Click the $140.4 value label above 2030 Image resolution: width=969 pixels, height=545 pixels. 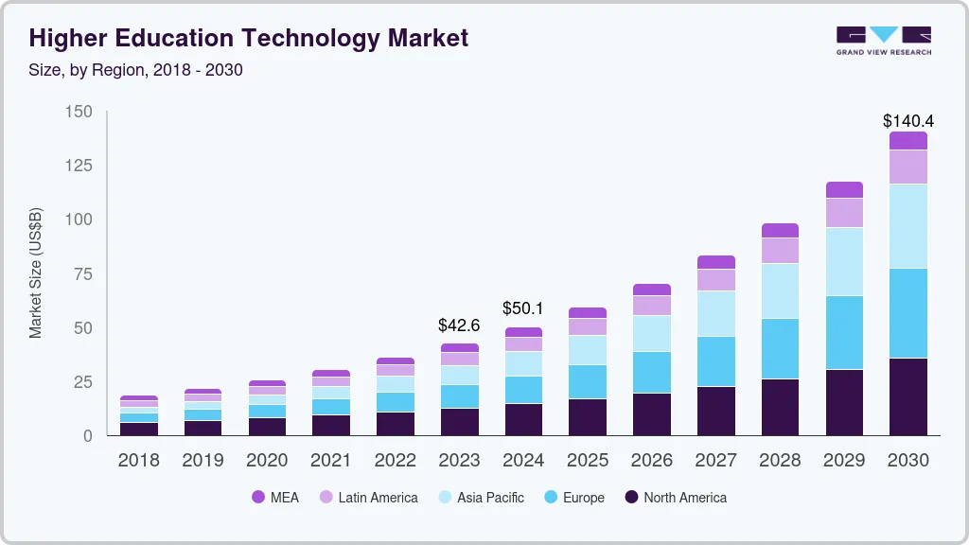[x=908, y=121]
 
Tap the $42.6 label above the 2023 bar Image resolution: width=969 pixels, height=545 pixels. [x=459, y=325]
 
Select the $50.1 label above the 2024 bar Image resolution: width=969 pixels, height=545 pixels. [x=523, y=309]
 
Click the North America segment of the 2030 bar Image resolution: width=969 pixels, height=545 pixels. [x=908, y=396]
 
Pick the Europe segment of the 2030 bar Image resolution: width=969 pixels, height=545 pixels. [x=908, y=313]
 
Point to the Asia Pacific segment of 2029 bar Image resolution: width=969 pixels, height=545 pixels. [x=844, y=261]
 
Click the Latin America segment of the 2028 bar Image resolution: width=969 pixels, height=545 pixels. [x=780, y=250]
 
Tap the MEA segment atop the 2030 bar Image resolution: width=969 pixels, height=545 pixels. [x=908, y=140]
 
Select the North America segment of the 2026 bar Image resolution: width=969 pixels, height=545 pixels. [x=652, y=413]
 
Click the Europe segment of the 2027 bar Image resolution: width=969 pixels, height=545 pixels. [x=715, y=360]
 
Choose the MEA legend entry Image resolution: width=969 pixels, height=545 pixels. [x=275, y=497]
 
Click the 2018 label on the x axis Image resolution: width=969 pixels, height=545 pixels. [x=138, y=461]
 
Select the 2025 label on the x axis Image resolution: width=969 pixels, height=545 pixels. [x=588, y=461]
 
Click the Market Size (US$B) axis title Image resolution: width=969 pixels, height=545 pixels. [x=36, y=272]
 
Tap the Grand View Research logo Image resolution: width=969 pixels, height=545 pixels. [x=883, y=40]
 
